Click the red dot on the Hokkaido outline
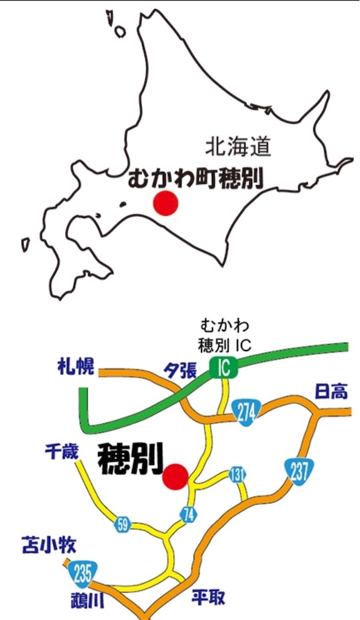pos(166,203)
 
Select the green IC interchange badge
pos(223,367)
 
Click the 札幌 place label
pos(76,366)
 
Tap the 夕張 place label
pos(180,371)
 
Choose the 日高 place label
pos(331,392)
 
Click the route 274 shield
pos(246,414)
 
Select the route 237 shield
pos(298,470)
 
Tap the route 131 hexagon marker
pos(237,475)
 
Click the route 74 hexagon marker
pos(189,514)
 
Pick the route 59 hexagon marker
pos(122,524)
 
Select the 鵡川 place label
pos(86,601)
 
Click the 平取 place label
pos(208,598)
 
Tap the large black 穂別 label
pos(130,459)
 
